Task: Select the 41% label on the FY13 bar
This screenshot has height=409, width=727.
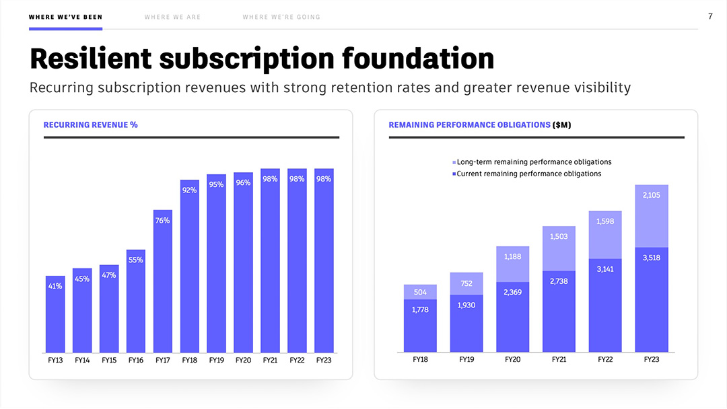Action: pos(55,287)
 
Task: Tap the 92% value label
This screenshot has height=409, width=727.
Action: pos(190,190)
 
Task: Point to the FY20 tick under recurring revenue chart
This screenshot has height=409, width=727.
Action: pos(243,361)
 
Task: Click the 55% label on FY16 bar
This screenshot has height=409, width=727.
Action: pos(136,260)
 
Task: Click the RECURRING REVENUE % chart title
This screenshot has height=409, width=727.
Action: pos(90,125)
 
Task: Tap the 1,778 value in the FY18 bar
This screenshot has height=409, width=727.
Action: pos(420,310)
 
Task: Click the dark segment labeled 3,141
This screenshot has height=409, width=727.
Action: pos(604,269)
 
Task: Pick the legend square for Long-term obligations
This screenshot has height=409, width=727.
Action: pos(454,163)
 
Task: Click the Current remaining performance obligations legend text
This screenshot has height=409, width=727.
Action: pos(529,174)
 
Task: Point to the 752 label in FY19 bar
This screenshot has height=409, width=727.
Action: pos(466,284)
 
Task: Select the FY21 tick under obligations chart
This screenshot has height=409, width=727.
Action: pos(559,361)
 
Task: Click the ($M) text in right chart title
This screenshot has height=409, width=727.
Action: pos(562,125)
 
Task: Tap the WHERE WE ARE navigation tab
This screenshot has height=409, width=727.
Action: pos(172,17)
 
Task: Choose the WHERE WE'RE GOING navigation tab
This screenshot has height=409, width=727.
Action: pos(281,17)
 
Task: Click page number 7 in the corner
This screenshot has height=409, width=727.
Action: pos(710,16)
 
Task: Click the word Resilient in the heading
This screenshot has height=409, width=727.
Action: pos(90,59)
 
